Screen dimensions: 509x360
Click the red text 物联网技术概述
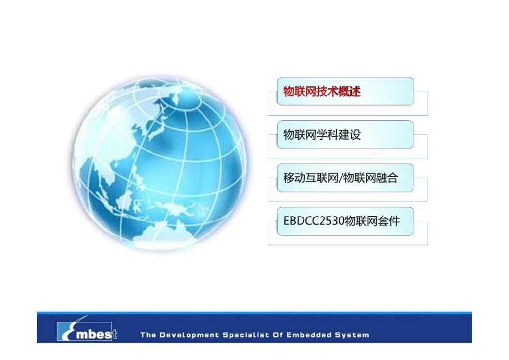coord(322,91)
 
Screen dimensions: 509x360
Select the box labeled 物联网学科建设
coord(345,135)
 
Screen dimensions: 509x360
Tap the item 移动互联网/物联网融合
coord(345,178)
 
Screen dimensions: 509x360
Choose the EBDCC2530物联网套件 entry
coord(345,221)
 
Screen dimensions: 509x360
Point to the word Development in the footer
coord(189,335)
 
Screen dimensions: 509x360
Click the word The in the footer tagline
coord(148,335)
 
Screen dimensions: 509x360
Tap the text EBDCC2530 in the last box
coord(314,221)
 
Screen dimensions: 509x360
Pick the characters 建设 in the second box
coord(350,135)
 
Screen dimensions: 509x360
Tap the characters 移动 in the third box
coord(294,178)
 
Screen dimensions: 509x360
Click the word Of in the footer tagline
coord(278,335)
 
